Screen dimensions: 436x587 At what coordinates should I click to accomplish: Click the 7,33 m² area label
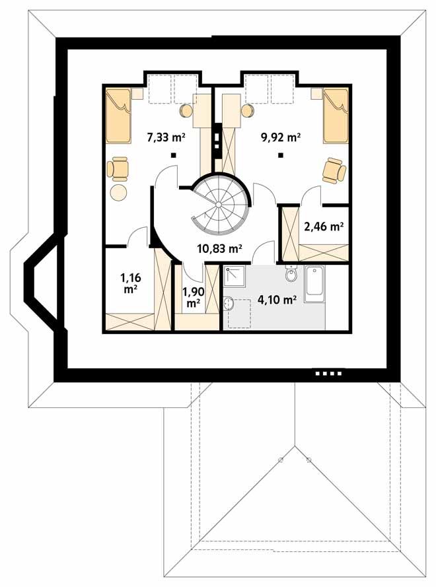tap(166, 137)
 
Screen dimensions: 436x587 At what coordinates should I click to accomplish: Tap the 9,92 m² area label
tap(281, 137)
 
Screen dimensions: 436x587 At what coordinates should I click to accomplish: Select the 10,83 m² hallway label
tap(219, 248)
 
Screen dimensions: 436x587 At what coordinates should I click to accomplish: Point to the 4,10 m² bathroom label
tap(277, 299)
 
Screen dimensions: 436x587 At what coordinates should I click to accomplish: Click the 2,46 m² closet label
tap(324, 226)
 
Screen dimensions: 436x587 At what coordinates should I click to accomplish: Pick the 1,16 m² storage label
tap(130, 283)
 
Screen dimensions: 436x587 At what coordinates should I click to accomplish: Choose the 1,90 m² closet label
tap(193, 297)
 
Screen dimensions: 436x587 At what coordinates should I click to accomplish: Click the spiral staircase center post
tap(219, 205)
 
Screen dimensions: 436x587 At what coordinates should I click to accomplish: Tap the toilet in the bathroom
tap(291, 274)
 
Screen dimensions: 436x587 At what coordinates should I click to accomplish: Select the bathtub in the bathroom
tap(314, 285)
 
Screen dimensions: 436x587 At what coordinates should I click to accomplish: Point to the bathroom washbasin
tap(229, 304)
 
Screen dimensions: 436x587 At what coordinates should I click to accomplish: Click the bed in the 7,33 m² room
tap(118, 116)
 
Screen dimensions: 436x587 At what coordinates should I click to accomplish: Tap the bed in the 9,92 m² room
tap(336, 116)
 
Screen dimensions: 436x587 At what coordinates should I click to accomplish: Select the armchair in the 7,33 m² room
tap(118, 169)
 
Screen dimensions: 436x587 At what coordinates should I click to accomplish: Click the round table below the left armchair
tap(119, 192)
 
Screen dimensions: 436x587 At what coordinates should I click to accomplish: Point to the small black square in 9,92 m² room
tap(280, 155)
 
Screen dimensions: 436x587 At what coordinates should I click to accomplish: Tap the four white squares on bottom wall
tap(329, 373)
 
